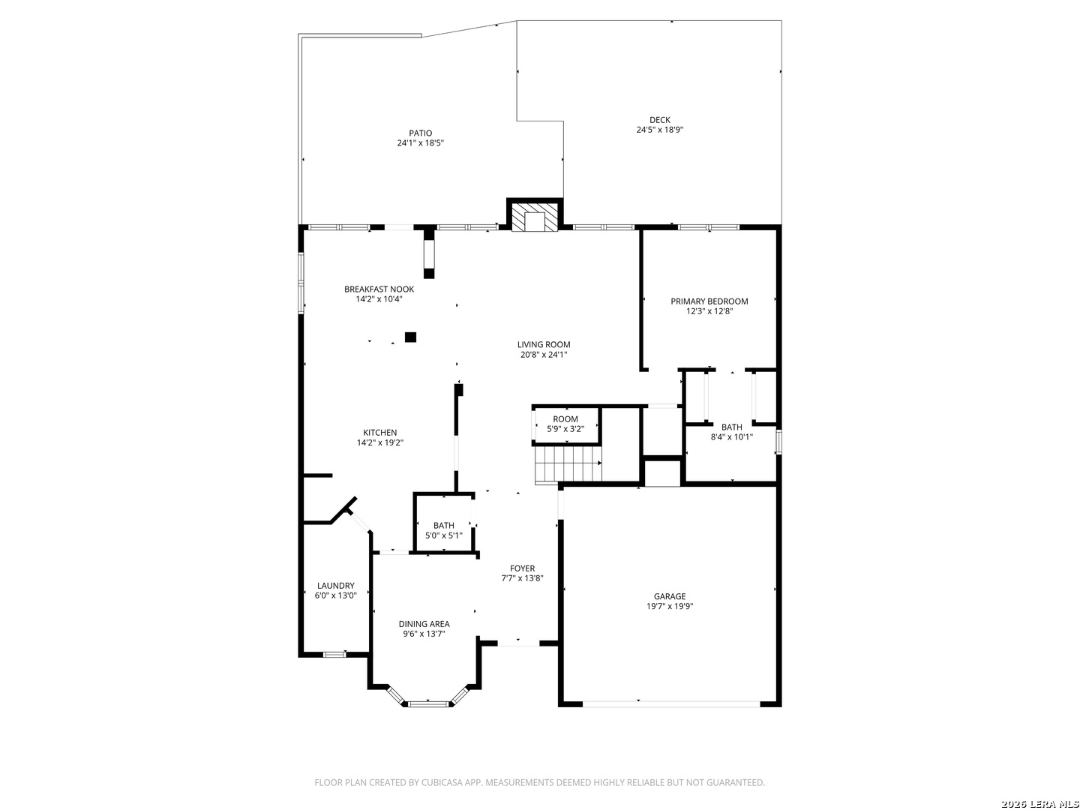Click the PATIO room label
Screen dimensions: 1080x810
coord(420,133)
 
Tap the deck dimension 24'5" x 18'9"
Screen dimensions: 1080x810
coord(659,130)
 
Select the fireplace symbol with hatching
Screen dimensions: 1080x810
coord(534,217)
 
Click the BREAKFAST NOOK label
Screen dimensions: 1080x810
coord(379,289)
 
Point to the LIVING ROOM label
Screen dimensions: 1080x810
coord(544,345)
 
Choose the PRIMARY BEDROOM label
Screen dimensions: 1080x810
coord(709,301)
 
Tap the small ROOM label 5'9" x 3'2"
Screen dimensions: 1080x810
coord(565,424)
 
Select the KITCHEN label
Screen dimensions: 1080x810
coord(379,433)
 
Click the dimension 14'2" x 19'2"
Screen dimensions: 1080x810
coord(379,442)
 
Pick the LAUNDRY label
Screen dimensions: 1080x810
coord(335,586)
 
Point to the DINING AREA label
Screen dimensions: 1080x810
coord(424,624)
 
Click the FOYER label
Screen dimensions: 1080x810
coord(522,568)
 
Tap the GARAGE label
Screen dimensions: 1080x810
coord(670,596)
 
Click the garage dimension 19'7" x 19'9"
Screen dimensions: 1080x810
coord(670,607)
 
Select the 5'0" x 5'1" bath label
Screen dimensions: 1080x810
coord(444,531)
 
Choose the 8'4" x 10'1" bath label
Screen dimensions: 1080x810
coord(732,432)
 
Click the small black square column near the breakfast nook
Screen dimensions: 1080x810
coord(410,337)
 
